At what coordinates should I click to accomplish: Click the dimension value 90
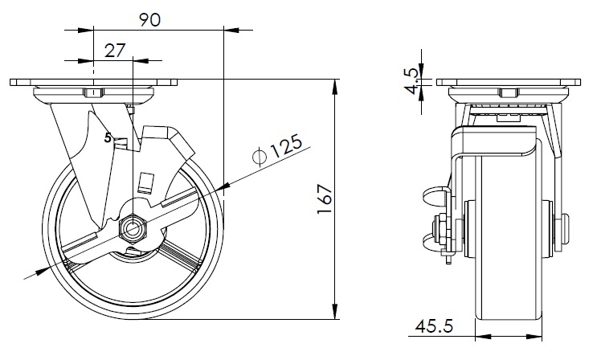coord(149,20)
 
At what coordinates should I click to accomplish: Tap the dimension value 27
coord(115,51)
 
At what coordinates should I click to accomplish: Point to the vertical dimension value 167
coord(325,199)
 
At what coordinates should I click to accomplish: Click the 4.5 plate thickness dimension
coord(412,82)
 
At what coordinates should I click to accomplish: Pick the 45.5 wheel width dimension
coord(434,326)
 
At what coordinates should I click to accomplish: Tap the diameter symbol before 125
coord(259,156)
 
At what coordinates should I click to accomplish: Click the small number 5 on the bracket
coord(108,137)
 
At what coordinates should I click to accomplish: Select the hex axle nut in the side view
coord(133,228)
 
